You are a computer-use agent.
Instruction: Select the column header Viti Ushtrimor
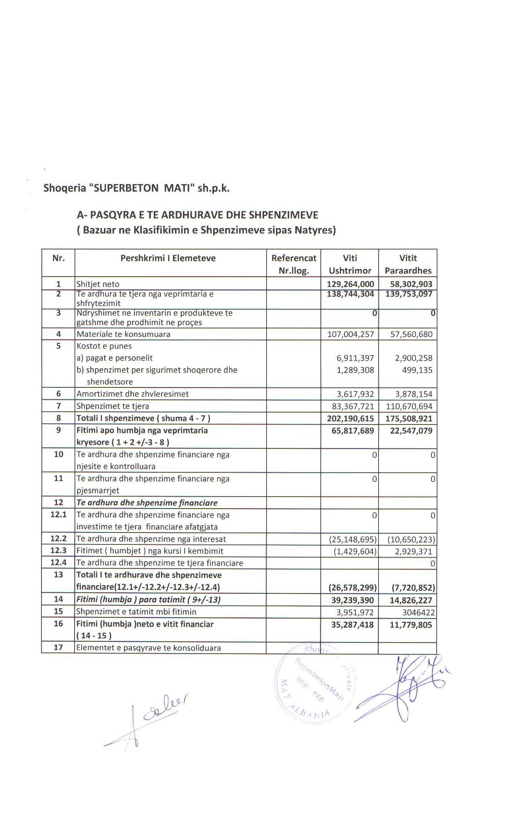(350, 264)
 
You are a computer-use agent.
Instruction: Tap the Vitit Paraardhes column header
(408, 264)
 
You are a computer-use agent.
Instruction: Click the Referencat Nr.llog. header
(294, 264)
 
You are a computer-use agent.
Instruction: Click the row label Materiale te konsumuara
(124, 334)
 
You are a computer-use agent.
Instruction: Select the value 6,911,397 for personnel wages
(355, 358)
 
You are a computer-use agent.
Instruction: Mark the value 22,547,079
(411, 430)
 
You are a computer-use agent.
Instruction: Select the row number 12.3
(58, 551)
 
